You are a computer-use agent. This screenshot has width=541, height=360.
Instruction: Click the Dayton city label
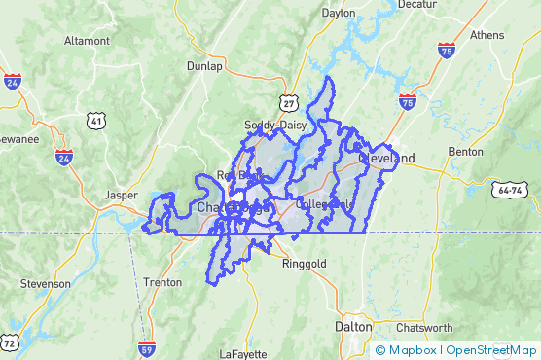click(x=338, y=13)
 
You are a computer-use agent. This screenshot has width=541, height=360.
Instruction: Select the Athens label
click(x=487, y=34)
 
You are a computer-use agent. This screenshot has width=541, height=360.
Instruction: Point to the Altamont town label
click(x=87, y=41)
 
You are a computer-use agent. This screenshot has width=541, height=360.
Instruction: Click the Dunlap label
click(x=204, y=66)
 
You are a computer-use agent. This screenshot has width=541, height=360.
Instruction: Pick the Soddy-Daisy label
click(x=277, y=126)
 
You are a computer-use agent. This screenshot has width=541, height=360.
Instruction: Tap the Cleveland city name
click(x=386, y=158)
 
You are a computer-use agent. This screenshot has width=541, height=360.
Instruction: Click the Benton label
click(x=465, y=152)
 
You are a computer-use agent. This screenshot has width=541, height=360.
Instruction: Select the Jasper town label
click(x=122, y=195)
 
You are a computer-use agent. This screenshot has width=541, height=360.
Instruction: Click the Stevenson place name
click(x=46, y=283)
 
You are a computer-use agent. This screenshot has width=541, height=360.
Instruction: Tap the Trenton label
click(x=162, y=282)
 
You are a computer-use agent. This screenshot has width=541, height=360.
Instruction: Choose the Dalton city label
click(x=353, y=327)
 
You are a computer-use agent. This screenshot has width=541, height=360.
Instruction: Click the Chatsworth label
click(x=425, y=327)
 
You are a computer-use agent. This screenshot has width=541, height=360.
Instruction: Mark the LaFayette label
click(x=241, y=352)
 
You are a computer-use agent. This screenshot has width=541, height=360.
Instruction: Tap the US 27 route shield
click(x=288, y=102)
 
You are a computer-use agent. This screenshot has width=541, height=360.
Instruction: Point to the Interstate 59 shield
click(x=147, y=347)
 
